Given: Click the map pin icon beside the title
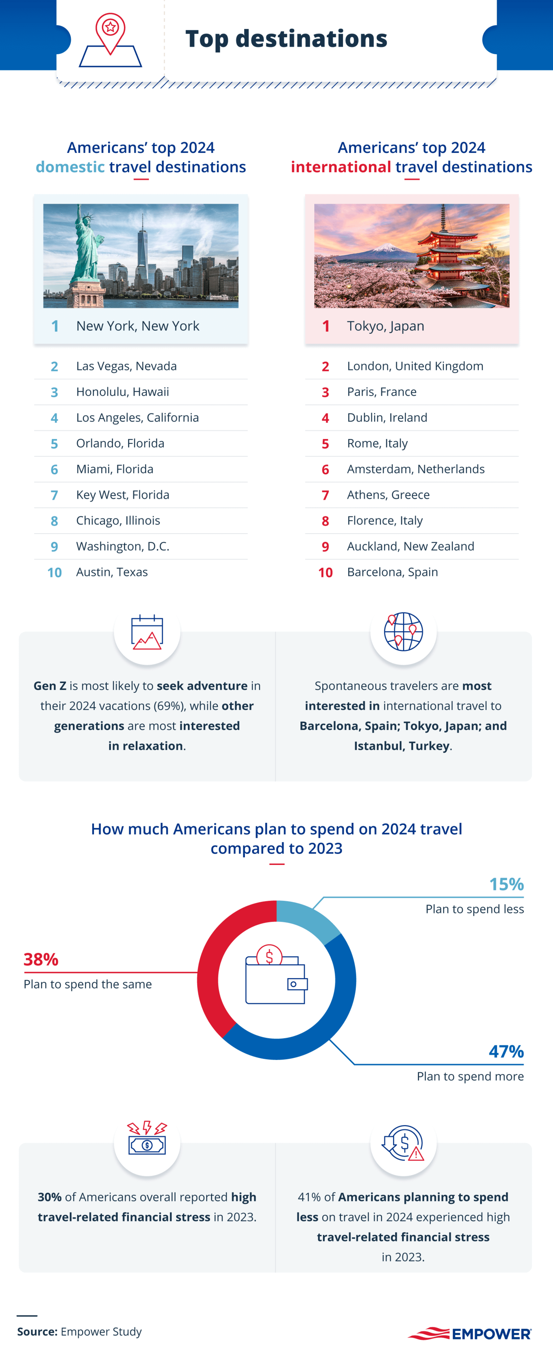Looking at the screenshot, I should point(110,39).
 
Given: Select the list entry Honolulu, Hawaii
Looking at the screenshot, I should point(122,392).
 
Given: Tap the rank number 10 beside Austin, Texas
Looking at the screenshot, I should point(54,572).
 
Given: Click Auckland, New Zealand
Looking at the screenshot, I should point(410,546).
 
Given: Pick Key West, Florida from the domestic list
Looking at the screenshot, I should point(123,495).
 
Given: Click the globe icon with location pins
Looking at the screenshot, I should point(403,631).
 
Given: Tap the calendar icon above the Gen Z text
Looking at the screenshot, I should point(147,632).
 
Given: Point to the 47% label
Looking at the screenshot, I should point(506,1051).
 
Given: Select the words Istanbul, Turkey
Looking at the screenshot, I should point(402,746).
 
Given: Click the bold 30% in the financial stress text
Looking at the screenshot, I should point(49,1197).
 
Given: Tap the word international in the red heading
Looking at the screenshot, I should point(341,167).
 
